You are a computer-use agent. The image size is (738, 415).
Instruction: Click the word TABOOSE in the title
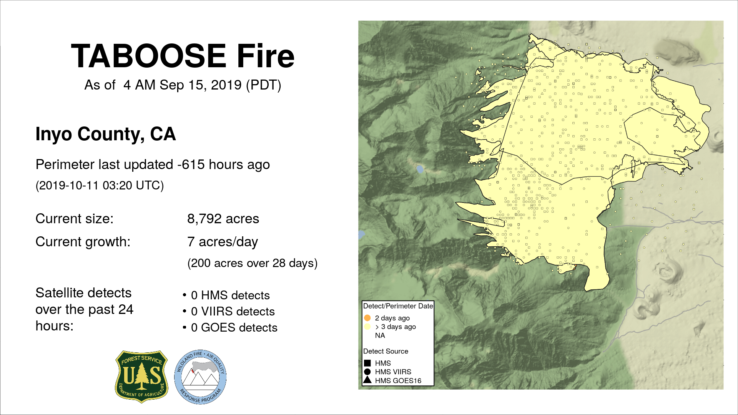(x=148, y=56)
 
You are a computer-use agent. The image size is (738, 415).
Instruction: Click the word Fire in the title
(x=266, y=56)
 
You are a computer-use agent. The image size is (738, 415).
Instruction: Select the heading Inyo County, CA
(x=106, y=134)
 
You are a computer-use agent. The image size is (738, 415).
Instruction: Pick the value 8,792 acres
(x=223, y=219)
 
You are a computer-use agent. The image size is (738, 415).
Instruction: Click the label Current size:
(x=75, y=219)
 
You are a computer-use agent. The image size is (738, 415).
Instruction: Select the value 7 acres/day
(x=223, y=242)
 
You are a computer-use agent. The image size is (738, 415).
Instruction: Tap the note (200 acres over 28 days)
(x=253, y=263)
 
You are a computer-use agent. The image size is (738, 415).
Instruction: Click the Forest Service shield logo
(x=142, y=377)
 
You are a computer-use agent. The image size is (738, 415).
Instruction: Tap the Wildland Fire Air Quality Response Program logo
(x=200, y=377)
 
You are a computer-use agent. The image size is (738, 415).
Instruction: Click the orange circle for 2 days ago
(x=367, y=318)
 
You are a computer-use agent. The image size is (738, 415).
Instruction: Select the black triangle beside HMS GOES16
(x=367, y=380)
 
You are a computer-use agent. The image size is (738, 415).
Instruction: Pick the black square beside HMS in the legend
(x=367, y=363)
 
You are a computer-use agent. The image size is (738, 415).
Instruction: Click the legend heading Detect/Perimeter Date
(x=398, y=306)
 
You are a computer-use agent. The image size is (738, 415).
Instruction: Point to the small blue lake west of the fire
(x=420, y=169)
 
